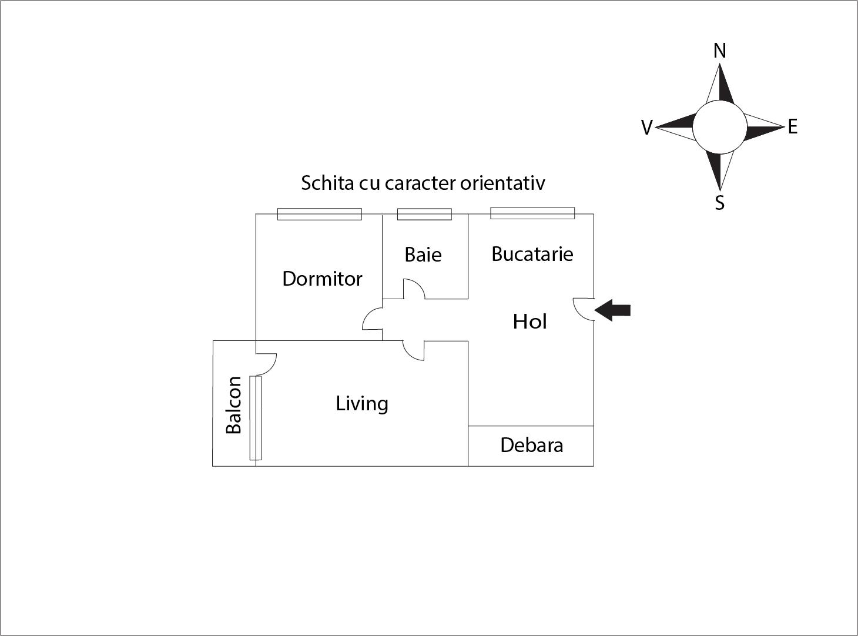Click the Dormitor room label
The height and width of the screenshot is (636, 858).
322,279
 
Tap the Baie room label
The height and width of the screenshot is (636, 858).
423,255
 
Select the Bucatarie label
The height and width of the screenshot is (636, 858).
532,254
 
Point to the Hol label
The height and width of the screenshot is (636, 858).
529,322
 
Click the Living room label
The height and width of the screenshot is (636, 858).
362,403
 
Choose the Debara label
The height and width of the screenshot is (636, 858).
531,445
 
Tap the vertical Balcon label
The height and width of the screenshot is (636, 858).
234,405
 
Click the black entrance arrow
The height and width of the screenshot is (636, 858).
613,310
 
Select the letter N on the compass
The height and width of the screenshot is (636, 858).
719,51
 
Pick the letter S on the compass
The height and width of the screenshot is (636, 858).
719,203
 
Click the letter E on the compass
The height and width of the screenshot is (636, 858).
792,127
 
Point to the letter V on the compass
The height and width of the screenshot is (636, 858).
646,128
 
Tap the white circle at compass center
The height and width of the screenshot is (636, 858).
719,127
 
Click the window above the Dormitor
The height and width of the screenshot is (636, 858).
319,215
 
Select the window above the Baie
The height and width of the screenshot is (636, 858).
424,215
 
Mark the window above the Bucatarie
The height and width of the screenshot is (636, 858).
532,213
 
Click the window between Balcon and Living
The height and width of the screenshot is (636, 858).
255,418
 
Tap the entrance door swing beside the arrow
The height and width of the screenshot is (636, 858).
584,309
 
